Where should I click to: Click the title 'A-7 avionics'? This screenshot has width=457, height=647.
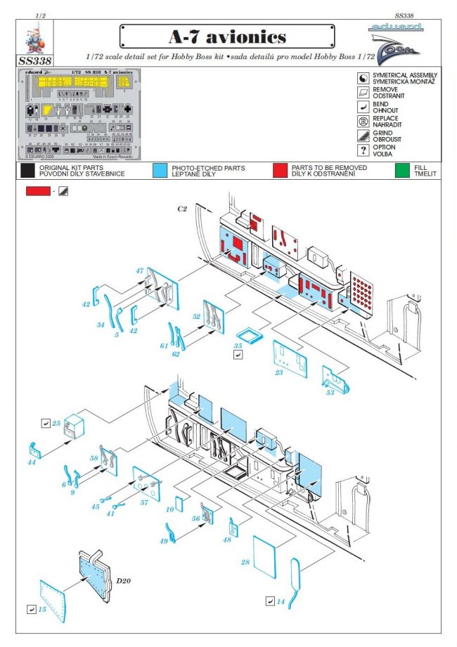click(227, 37)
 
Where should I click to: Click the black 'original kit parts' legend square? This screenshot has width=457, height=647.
click(27, 171)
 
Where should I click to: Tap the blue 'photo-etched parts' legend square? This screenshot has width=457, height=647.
click(160, 171)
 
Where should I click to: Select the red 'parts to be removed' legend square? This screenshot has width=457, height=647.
click(280, 171)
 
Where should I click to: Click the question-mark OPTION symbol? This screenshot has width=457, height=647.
click(363, 150)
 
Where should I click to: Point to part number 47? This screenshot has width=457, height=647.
click(140, 270)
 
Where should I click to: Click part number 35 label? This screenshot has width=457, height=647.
click(238, 346)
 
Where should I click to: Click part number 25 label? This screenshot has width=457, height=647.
click(56, 424)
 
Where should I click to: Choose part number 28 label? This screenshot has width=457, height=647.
click(245, 563)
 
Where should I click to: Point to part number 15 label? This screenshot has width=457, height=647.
click(42, 609)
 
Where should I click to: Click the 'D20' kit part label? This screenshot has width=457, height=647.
click(124, 580)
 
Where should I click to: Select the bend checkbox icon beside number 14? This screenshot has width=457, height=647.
click(270, 601)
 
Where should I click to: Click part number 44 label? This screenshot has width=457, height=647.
click(31, 463)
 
